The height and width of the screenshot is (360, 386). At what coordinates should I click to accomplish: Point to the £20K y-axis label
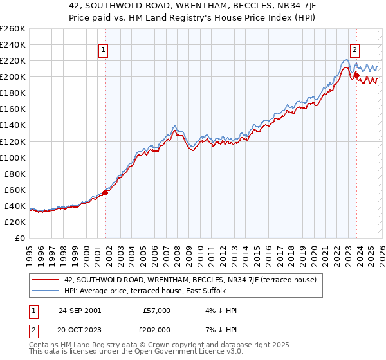[13, 222]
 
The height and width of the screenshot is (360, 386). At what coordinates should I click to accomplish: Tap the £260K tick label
[13, 28]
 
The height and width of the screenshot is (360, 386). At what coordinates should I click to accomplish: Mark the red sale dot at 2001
[106, 192]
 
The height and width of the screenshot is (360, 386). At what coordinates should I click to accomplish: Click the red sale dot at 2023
[356, 75]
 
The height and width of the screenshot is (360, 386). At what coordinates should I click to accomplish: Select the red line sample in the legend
[46, 280]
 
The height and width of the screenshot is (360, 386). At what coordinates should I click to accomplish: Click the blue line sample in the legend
[46, 291]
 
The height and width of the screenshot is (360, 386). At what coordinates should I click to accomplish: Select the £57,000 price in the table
[156, 310]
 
